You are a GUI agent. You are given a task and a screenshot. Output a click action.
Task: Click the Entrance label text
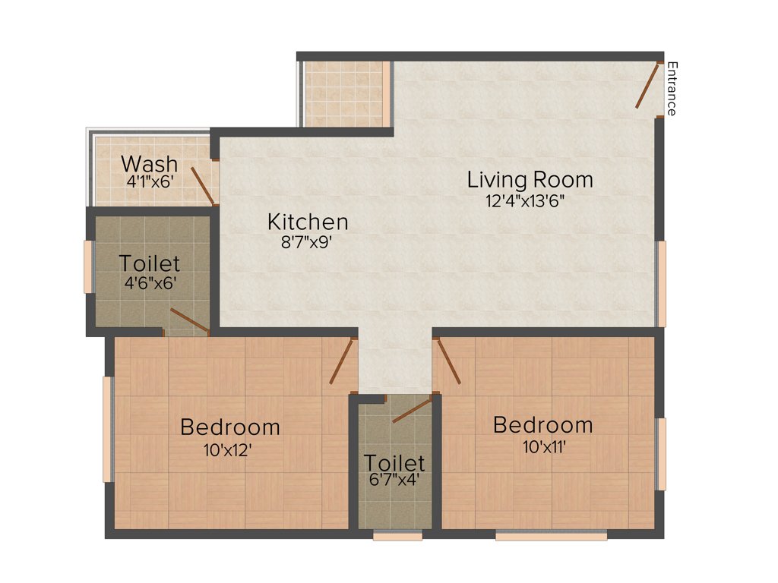671,89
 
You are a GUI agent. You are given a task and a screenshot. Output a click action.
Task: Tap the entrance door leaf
648,86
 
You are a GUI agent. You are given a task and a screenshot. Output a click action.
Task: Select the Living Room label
530,180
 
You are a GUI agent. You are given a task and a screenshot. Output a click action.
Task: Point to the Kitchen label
308,222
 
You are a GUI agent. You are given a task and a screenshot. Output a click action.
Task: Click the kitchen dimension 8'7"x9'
308,243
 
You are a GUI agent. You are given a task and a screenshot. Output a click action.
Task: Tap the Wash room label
150,163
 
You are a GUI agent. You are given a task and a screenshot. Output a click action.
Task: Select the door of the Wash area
202,186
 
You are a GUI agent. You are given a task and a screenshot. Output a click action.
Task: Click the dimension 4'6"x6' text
150,285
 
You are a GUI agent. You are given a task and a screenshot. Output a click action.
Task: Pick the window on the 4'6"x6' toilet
88,266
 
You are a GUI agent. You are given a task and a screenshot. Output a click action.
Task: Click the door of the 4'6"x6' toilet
189,320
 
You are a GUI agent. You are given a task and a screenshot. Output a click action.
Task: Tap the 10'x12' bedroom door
342,361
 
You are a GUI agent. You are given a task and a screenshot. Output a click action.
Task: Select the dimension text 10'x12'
227,449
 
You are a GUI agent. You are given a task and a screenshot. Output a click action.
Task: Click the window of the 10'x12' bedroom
108,428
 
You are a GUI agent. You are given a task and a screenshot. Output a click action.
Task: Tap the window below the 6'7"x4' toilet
397,536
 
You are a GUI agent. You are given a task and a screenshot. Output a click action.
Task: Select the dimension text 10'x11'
542,446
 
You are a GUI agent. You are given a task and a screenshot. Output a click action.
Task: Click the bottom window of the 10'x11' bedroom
551,536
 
